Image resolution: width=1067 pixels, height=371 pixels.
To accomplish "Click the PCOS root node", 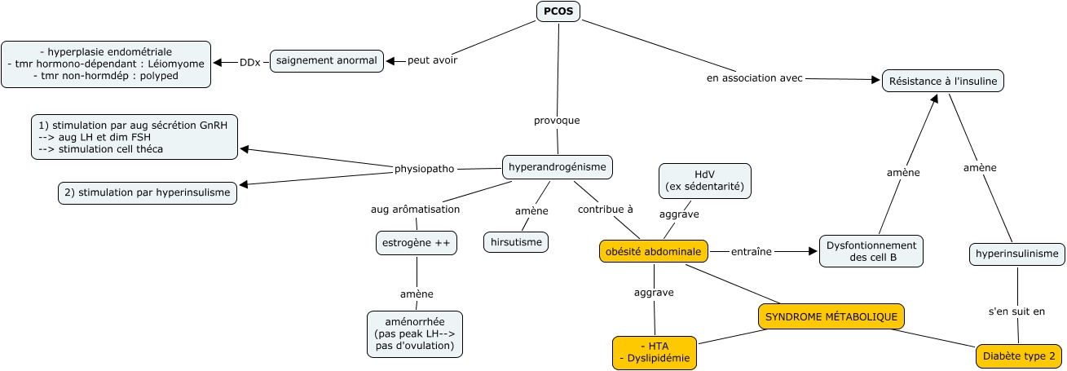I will (x=558, y=11).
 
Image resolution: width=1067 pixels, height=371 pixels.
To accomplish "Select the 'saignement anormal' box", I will (x=327, y=60).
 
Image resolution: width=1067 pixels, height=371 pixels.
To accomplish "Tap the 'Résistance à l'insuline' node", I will (x=943, y=80).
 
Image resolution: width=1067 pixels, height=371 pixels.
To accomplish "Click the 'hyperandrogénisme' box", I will (x=557, y=167).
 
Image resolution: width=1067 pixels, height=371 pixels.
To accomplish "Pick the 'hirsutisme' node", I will (x=516, y=242).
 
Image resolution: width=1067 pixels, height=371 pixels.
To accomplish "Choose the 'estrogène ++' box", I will (x=416, y=242).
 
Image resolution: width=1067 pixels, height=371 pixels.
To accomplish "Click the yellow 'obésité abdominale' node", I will (x=654, y=251).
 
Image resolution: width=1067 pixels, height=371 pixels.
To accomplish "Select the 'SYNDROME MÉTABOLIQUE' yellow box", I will (x=831, y=316).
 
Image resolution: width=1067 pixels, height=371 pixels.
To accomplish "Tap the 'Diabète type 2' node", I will (x=1019, y=356).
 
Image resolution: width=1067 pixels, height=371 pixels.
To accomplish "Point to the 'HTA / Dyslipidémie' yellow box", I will (x=655, y=351).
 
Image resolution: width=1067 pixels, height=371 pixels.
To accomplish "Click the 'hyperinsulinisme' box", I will (x=1017, y=254).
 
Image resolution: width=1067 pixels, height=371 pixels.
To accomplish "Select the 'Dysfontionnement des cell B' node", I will (x=871, y=251).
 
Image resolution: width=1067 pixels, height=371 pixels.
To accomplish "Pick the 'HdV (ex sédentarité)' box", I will (x=704, y=180).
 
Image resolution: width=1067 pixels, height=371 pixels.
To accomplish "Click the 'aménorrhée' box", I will (x=415, y=333).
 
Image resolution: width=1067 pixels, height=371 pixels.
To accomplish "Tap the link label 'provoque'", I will (x=557, y=120).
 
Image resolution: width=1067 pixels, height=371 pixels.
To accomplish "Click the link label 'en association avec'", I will (x=754, y=78).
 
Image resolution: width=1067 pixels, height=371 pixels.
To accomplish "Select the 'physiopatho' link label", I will (x=424, y=169).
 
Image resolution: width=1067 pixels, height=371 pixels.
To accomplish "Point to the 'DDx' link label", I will (x=249, y=62).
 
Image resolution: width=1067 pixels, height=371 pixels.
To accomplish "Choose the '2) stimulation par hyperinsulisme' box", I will (x=148, y=192).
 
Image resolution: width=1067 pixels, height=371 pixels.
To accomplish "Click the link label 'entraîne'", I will (x=751, y=251).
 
